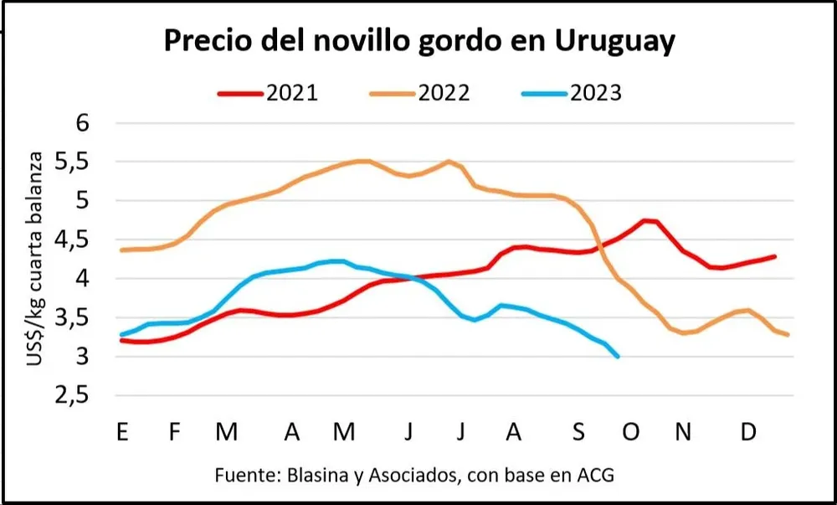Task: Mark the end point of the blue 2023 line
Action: [618, 357]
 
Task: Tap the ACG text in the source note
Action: [597, 475]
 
